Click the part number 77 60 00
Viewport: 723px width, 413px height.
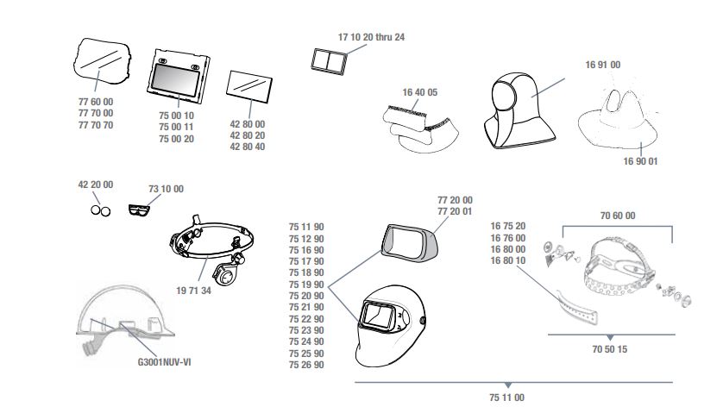[96, 102]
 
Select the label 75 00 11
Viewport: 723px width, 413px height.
[176, 128]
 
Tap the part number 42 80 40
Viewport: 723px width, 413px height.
[247, 147]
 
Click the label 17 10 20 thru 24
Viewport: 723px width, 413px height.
[371, 37]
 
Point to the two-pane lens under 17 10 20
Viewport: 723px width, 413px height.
[329, 61]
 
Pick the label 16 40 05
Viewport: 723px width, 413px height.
[419, 92]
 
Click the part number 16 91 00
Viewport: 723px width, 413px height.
[603, 65]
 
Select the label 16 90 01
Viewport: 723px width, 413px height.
[640, 161]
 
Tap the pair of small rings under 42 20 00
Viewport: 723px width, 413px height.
[101, 210]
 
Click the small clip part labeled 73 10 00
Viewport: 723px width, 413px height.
[139, 210]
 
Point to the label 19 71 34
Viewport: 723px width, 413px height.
[193, 291]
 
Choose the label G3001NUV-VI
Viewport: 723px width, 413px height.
[164, 362]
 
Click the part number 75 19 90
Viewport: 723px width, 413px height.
[306, 285]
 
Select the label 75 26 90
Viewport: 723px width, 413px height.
[306, 365]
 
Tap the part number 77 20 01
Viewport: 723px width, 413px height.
[455, 211]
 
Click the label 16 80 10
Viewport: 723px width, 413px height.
[507, 260]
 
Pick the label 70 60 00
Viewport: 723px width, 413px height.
[618, 216]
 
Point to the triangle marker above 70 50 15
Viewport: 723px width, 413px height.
[610, 338]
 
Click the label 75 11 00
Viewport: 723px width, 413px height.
[506, 397]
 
